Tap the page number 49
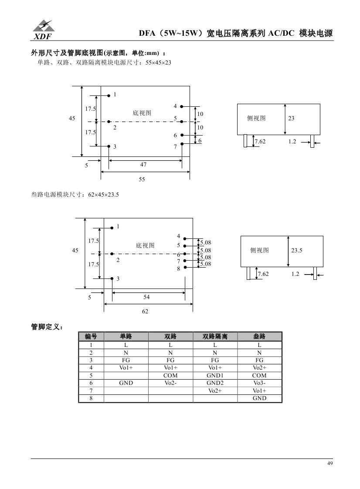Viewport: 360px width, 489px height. [330, 463]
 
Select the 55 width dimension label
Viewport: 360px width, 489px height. [142, 179]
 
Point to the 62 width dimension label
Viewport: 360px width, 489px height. [145, 311]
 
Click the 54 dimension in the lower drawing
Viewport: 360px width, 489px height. [146, 297]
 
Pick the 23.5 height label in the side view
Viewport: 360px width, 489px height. [297, 251]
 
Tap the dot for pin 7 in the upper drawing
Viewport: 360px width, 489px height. [182, 143]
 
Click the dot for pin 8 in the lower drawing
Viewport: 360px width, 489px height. [185, 267]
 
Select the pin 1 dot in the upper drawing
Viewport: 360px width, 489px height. [109, 95]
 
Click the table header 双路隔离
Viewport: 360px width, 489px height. [215, 336]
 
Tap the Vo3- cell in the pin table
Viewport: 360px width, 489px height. [259, 383]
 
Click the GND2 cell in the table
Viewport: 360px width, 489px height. [215, 383]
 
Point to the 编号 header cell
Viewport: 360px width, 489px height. [91, 336]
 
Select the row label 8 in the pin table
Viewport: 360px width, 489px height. [91, 398]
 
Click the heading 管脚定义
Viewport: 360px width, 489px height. [47, 326]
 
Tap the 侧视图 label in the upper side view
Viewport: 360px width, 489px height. [256, 118]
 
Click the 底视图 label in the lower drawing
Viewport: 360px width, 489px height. [145, 245]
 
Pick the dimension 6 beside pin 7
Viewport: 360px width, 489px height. [200, 140]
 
